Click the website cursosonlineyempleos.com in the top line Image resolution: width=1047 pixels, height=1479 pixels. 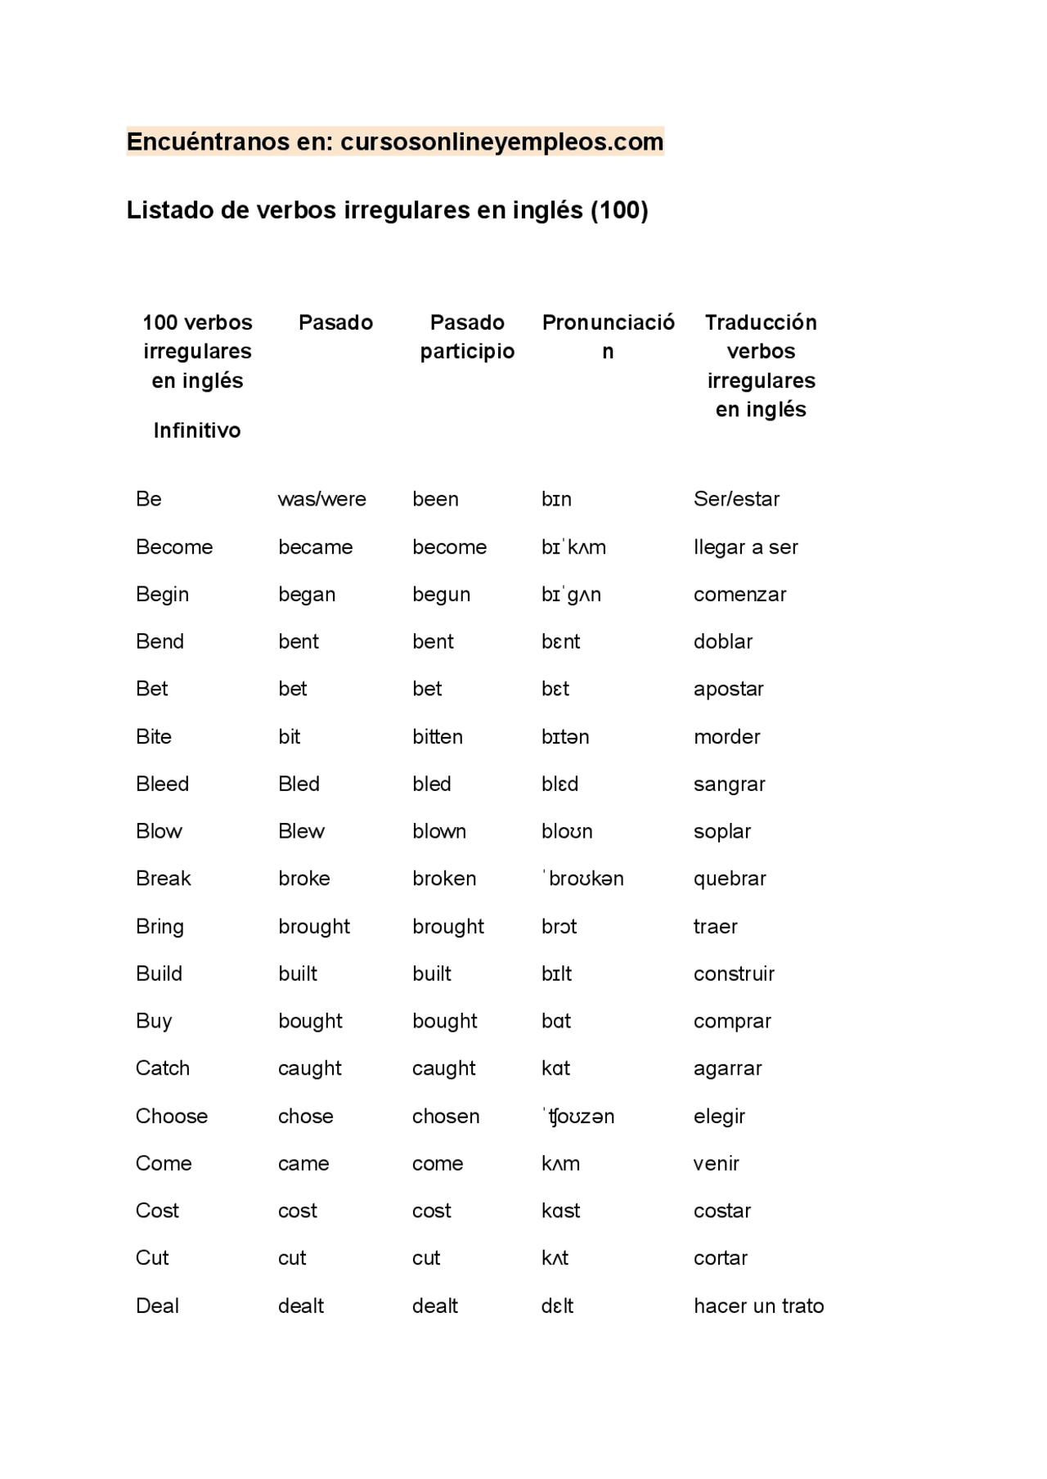[501, 142]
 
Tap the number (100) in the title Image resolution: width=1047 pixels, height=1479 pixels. [619, 211]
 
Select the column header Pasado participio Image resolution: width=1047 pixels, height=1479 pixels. [467, 337]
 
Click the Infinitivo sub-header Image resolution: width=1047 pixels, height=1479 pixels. [197, 431]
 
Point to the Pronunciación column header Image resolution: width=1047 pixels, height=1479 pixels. [608, 337]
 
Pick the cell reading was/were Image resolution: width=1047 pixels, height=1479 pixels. [322, 499]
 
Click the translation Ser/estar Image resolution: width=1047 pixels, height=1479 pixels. [736, 499]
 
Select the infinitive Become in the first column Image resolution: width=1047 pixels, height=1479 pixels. [174, 547]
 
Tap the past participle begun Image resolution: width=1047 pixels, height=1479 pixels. [441, 595]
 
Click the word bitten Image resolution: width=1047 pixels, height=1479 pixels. [438, 737]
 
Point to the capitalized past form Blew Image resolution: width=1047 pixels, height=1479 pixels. [301, 832]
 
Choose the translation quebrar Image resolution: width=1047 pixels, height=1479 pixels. [730, 879]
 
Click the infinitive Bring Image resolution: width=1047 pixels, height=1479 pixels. [160, 927]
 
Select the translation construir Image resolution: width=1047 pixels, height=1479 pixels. [734, 974]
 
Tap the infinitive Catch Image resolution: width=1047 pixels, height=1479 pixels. [163, 1068]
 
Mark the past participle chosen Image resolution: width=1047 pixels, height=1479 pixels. [446, 1117]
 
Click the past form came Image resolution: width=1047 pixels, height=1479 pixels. [303, 1164]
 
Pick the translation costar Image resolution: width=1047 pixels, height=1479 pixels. [722, 1212]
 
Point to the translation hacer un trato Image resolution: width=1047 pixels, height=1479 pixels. [758, 1306]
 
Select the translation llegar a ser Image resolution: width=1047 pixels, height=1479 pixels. [745, 547]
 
